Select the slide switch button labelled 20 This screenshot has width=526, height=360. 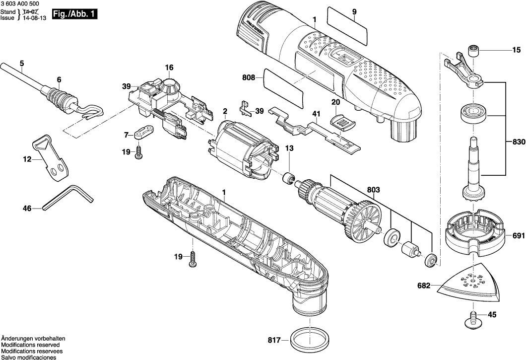[340, 120]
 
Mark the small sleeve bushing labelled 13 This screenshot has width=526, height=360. [286, 177]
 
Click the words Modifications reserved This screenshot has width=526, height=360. [30, 345]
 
